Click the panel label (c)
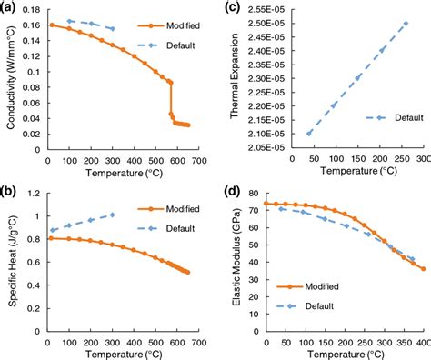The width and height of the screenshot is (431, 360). pos(234,9)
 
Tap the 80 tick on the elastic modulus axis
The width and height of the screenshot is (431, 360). pos(254,194)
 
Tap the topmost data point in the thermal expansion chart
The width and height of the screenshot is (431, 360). pos(406,24)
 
